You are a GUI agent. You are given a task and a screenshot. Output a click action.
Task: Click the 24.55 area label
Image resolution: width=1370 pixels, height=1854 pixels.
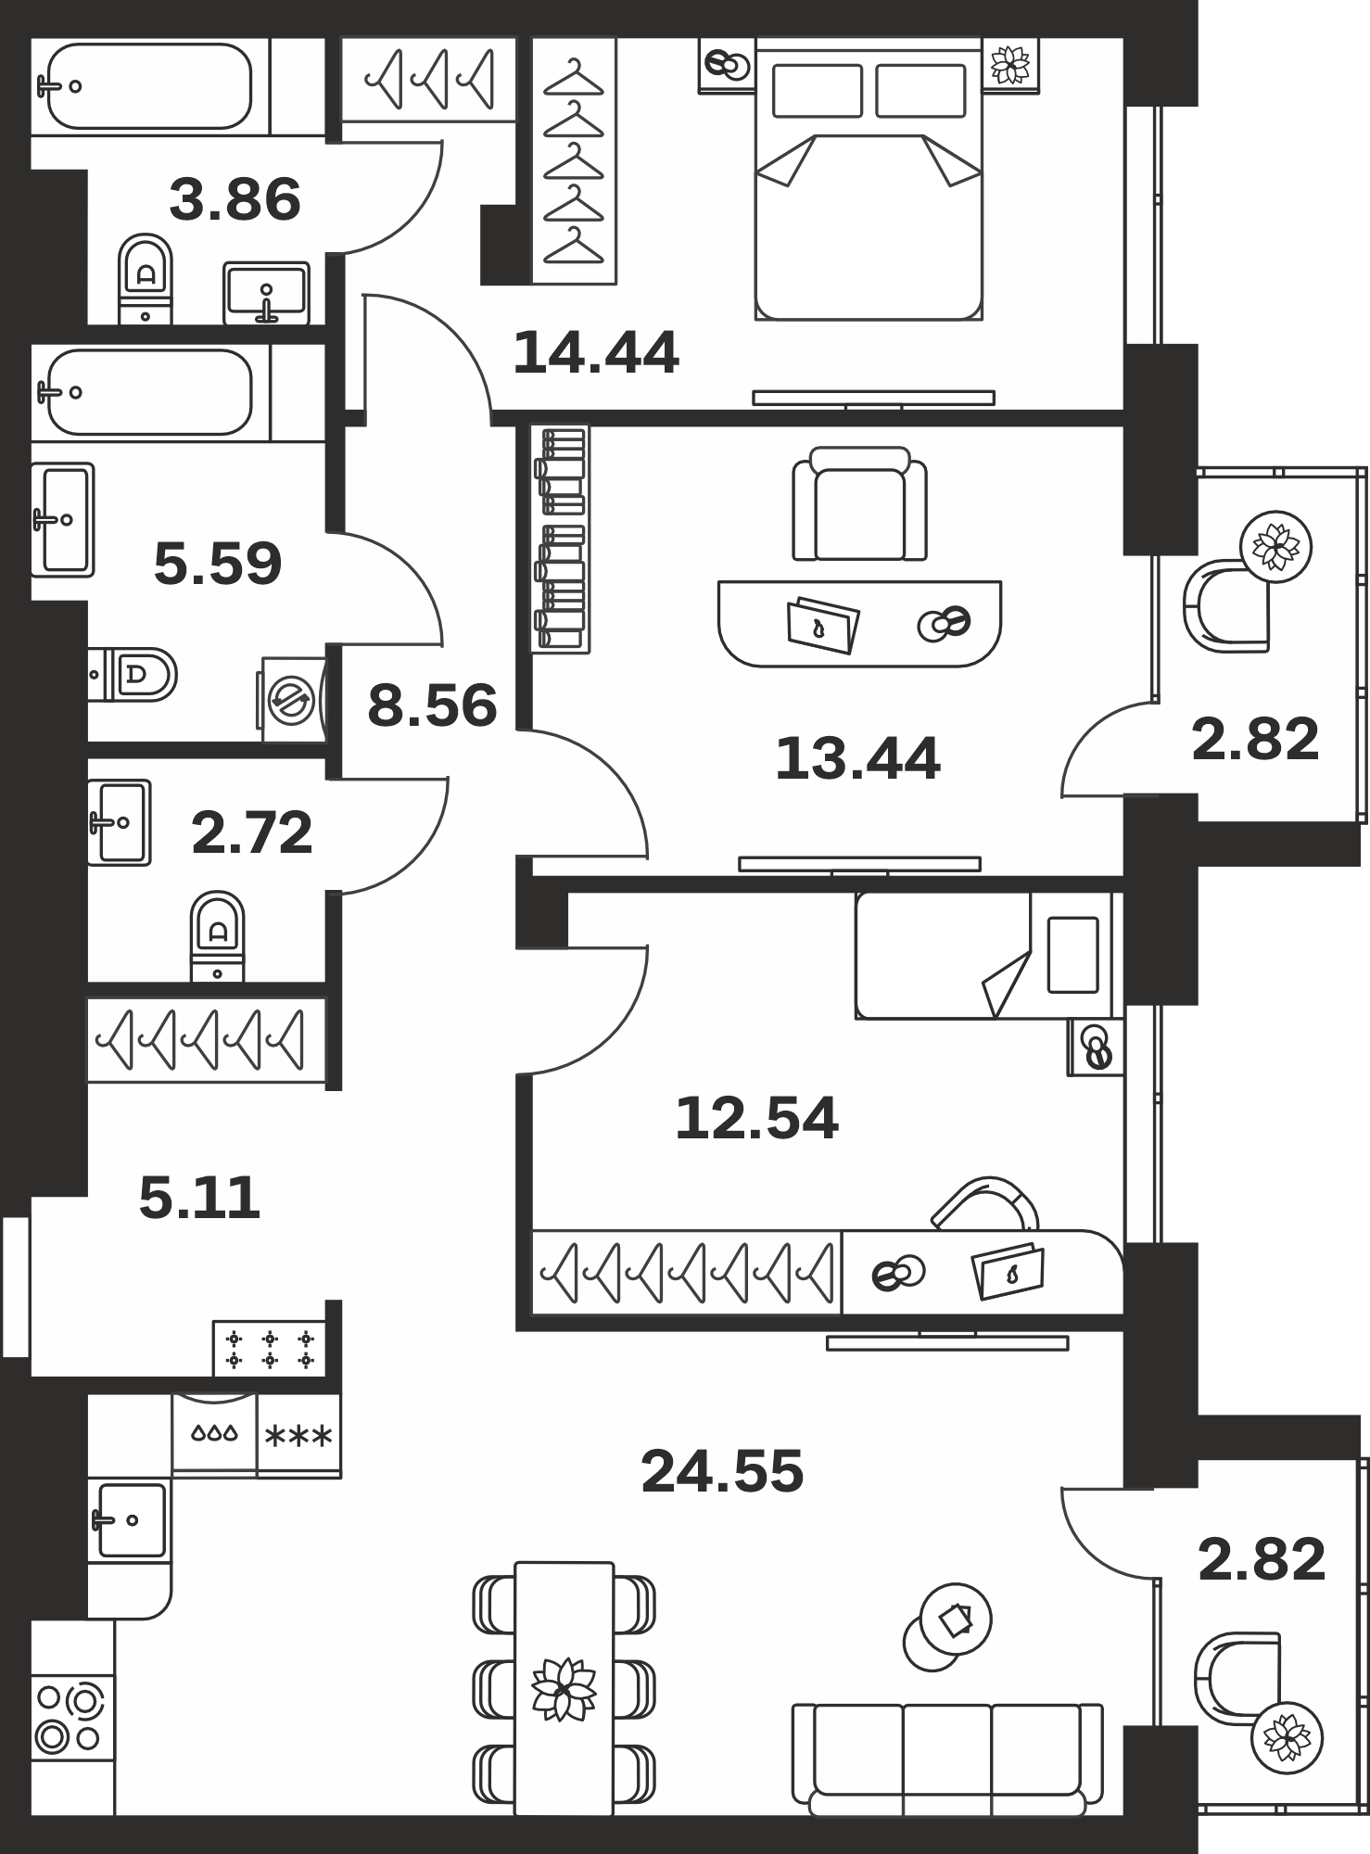click(x=722, y=1471)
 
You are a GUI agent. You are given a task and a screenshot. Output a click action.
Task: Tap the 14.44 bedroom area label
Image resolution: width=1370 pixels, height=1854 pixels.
click(x=596, y=353)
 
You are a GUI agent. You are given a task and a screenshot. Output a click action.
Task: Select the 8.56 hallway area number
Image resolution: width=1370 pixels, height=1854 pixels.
click(x=432, y=705)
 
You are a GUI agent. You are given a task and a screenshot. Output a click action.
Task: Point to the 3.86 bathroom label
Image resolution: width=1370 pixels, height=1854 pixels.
click(x=235, y=200)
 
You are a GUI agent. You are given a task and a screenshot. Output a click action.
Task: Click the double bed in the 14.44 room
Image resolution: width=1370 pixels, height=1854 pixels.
click(x=869, y=179)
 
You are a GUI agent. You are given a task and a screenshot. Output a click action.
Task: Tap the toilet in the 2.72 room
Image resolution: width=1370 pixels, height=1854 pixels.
click(x=218, y=936)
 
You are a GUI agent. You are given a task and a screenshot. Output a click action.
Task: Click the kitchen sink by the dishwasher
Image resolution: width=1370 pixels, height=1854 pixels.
click(x=130, y=1520)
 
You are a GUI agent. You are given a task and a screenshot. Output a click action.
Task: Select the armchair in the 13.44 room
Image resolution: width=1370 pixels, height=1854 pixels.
click(x=859, y=504)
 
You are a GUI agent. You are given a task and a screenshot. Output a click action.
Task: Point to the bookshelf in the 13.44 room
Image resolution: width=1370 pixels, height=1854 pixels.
click(x=560, y=539)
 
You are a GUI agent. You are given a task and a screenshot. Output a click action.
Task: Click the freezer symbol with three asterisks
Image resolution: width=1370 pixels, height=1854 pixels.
click(x=298, y=1436)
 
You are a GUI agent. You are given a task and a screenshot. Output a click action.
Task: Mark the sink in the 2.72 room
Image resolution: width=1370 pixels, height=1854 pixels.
click(x=119, y=822)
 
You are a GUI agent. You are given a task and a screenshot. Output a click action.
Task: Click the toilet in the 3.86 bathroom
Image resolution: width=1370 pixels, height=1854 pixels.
click(x=146, y=278)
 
